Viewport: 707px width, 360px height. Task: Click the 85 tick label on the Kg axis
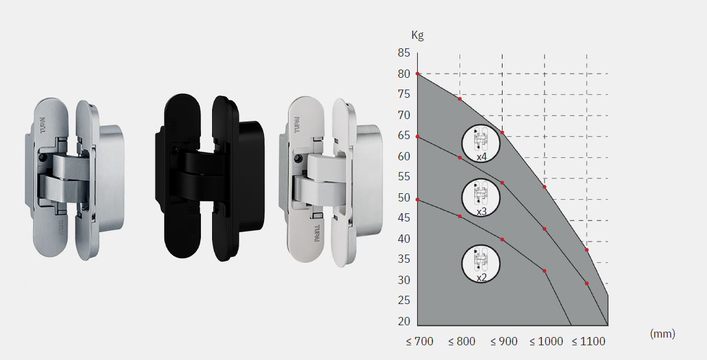(x=404, y=52)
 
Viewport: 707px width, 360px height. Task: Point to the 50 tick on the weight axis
(x=404, y=198)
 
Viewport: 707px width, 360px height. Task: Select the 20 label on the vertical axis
(x=404, y=321)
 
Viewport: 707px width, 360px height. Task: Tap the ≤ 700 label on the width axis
(x=419, y=341)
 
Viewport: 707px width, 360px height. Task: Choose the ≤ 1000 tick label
(x=546, y=341)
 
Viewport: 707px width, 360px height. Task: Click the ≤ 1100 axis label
(x=589, y=341)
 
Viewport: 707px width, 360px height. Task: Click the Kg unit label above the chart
(x=417, y=35)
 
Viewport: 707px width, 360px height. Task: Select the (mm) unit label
(x=662, y=333)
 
